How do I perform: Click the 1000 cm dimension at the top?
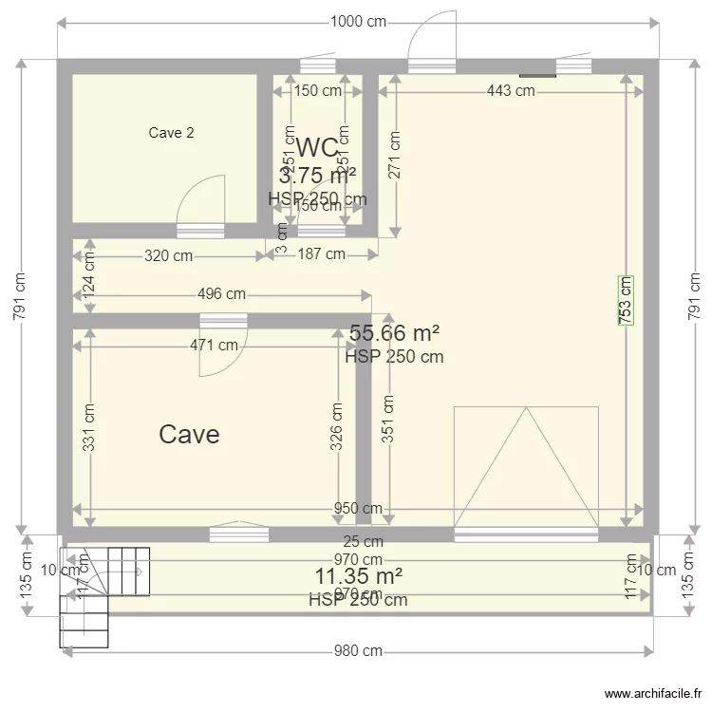[x=359, y=21]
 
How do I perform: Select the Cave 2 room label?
[x=172, y=133]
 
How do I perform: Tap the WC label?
[x=317, y=148]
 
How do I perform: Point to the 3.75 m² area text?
[x=317, y=176]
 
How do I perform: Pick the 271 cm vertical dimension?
[x=394, y=154]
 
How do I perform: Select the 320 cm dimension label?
[x=168, y=254]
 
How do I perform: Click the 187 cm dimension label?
[x=321, y=254]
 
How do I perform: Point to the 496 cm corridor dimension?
[x=222, y=295]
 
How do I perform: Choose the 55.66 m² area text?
[x=394, y=333]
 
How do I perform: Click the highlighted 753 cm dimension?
[x=626, y=301]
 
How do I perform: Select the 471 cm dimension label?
[x=214, y=346]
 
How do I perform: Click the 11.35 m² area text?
[x=358, y=576]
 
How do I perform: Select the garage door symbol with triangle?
[x=526, y=467]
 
